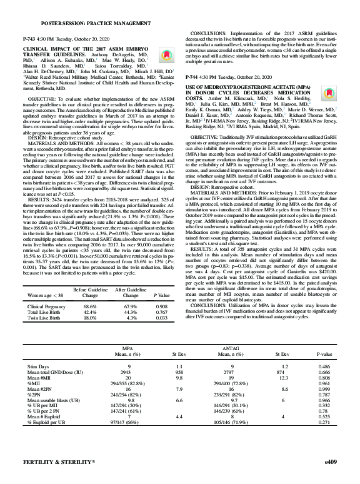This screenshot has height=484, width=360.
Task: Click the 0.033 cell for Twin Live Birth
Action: coord(161,318)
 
